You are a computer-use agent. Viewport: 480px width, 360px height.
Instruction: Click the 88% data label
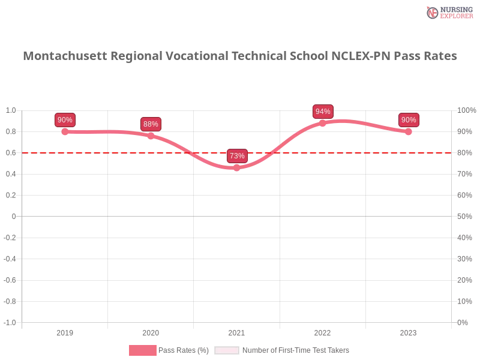(x=151, y=124)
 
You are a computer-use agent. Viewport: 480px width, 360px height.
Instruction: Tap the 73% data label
(x=237, y=156)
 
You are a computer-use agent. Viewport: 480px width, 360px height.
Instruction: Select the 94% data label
(x=323, y=112)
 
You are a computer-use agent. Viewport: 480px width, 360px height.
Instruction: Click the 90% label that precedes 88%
(x=65, y=120)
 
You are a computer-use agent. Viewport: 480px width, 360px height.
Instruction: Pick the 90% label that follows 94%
(x=409, y=120)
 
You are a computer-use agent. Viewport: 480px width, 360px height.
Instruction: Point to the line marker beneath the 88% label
(x=151, y=136)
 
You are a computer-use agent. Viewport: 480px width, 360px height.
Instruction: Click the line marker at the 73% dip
(x=237, y=168)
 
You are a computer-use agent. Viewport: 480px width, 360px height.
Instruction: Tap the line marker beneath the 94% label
(x=323, y=123)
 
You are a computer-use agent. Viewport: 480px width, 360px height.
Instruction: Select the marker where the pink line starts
(x=65, y=131)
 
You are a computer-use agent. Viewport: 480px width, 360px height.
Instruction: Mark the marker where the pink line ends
(x=409, y=131)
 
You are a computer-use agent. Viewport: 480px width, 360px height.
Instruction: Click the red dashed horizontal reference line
(x=360, y=152)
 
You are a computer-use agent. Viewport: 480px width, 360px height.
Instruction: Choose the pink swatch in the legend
(x=143, y=350)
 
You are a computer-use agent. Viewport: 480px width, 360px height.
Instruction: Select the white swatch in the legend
(x=227, y=350)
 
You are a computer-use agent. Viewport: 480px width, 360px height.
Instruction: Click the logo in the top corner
(x=448, y=12)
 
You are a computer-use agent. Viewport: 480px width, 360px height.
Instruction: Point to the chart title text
(x=240, y=56)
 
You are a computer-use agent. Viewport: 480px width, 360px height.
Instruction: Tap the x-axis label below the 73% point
(x=235, y=331)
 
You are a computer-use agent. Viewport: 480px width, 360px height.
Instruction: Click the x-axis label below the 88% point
(x=151, y=331)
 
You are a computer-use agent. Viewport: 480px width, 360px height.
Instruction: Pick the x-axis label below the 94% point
(x=322, y=331)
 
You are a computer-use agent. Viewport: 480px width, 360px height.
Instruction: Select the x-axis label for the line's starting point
(x=65, y=331)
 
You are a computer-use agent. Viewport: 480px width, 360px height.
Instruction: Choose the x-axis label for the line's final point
(x=409, y=331)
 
